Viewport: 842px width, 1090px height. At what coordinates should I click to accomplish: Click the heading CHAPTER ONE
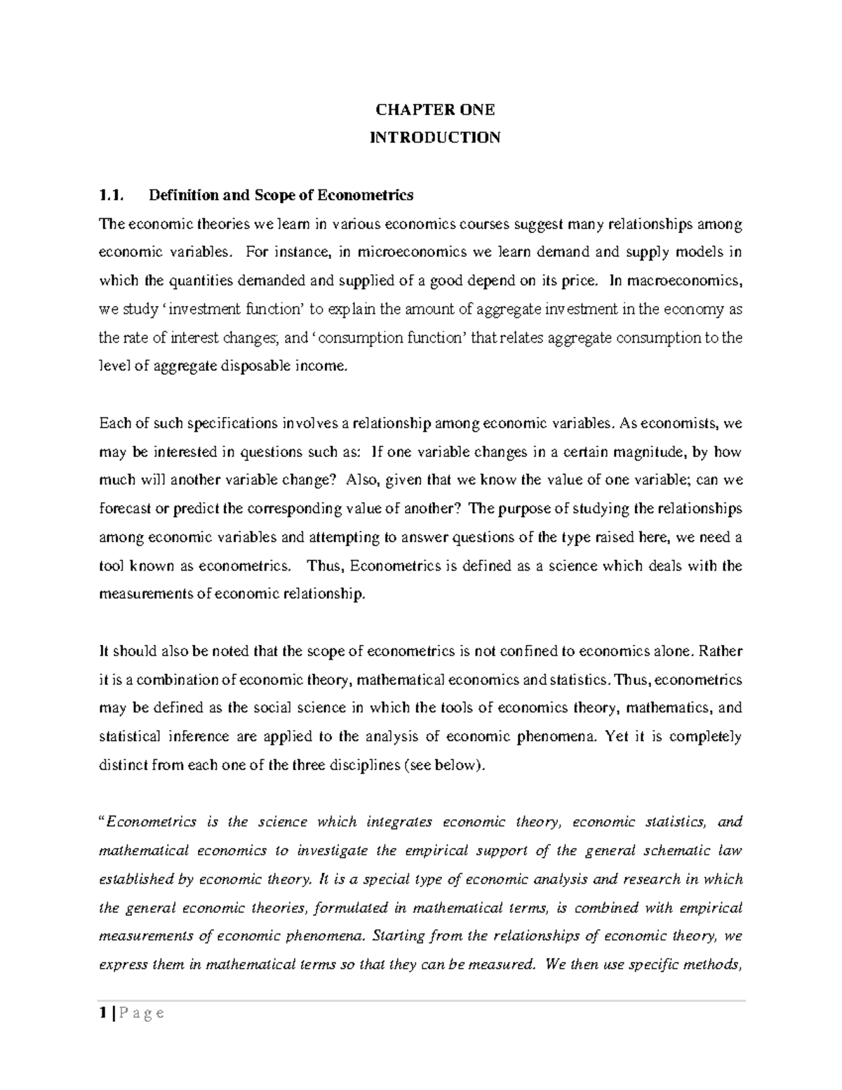pyautogui.click(x=435, y=109)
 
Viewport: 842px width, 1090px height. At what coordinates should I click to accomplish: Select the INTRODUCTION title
pyautogui.click(x=435, y=138)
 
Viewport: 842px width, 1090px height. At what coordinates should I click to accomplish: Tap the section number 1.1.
pyautogui.click(x=111, y=195)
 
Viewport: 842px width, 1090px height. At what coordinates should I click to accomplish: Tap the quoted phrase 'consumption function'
pyautogui.click(x=389, y=338)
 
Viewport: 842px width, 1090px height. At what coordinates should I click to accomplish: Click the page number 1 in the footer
pyautogui.click(x=103, y=1013)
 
